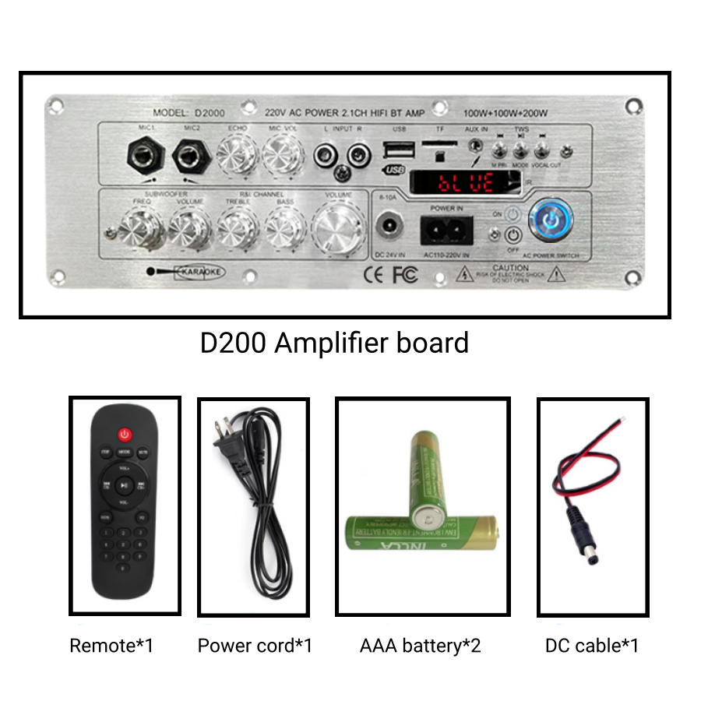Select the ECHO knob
coord(236,155)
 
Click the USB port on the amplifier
coord(394,150)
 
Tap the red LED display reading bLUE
coord(465,184)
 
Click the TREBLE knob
coord(237,228)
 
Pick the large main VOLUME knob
coord(340,230)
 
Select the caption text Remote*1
coord(111,646)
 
